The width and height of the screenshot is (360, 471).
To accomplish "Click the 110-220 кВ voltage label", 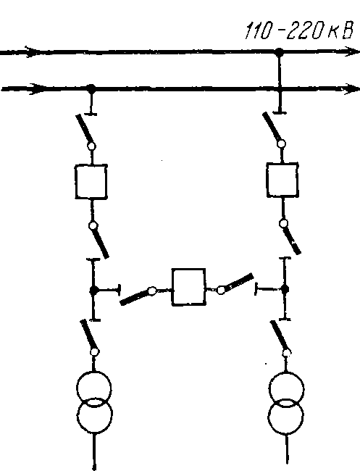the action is (298, 30).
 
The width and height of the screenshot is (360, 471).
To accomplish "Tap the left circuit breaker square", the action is (91, 181).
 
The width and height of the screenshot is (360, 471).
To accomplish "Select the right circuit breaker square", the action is (282, 180).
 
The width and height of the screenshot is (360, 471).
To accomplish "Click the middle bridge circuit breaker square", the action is (188, 287).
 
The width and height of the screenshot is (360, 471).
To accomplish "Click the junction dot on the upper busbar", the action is (280, 52).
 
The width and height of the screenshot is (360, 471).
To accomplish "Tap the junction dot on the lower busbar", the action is (91, 88).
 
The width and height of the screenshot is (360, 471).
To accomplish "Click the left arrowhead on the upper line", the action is (32, 51).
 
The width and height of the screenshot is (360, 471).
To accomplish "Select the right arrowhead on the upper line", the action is (351, 51).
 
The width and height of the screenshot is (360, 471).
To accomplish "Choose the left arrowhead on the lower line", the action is (37, 89).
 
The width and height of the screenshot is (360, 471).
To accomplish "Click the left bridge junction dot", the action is (94, 290).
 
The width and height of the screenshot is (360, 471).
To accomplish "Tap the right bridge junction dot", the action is (285, 289).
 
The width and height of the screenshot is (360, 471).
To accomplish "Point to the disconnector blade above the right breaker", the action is (272, 128).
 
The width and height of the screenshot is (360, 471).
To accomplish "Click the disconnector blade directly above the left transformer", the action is (88, 335).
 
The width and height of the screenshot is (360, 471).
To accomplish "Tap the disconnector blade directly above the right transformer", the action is (277, 335).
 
